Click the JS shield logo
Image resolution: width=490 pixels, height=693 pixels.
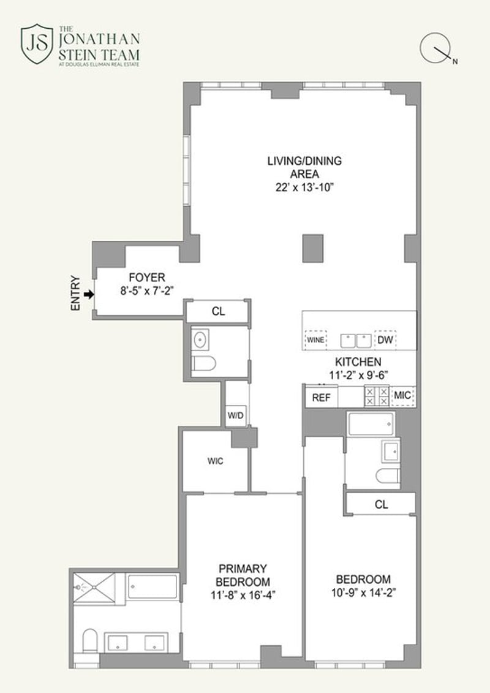point(37,44)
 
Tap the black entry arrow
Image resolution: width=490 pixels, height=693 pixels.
point(89,294)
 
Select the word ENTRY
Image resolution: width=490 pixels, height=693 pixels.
point(75,293)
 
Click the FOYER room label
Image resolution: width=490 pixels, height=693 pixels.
point(146,278)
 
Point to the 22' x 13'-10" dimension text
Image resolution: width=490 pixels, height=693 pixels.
point(304,187)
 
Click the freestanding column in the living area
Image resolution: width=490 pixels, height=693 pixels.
point(313,248)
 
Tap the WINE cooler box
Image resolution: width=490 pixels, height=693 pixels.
point(315,340)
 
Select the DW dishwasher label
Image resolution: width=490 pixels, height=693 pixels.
point(385,340)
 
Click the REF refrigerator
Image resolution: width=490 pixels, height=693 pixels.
point(321,397)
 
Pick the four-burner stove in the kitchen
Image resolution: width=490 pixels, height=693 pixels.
point(377,396)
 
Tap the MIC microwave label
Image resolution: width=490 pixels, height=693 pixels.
point(402,395)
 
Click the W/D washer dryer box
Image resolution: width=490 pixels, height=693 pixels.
point(235,415)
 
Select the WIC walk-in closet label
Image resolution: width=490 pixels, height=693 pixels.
point(215,461)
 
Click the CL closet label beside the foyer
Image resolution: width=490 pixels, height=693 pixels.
point(218,311)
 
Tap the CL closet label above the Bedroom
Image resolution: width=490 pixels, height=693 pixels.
point(382,504)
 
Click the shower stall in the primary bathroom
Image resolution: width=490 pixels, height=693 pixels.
point(94,588)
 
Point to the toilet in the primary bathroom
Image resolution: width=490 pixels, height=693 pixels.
point(89,640)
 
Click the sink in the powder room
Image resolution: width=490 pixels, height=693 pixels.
point(200,340)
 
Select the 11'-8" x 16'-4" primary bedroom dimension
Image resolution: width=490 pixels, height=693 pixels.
point(243,595)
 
